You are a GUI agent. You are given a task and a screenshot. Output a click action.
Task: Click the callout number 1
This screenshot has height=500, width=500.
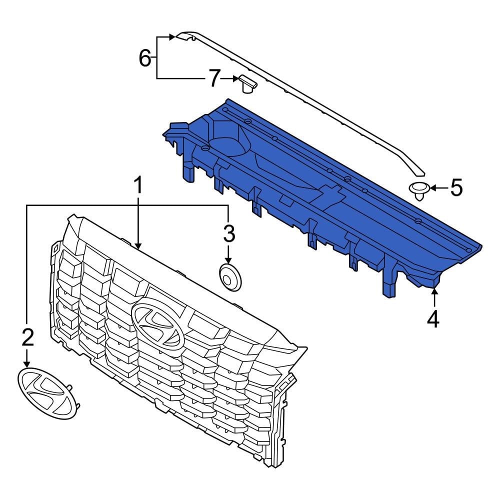click(137, 185)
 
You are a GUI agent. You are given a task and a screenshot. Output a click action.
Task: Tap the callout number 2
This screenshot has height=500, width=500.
click(27, 338)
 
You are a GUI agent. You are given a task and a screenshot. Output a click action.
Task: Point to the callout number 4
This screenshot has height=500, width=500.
click(433, 318)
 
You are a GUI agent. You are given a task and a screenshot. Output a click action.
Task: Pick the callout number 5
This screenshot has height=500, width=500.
click(456, 188)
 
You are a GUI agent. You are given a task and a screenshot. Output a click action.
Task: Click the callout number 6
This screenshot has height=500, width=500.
click(144, 59)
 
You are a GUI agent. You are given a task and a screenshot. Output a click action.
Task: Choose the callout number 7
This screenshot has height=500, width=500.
click(213, 78)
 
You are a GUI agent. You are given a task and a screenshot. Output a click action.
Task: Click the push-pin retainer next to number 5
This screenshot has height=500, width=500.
click(419, 190)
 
